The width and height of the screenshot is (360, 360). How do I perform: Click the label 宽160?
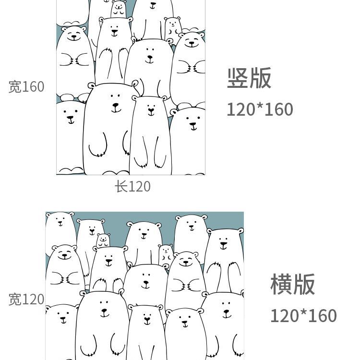tap(26, 87)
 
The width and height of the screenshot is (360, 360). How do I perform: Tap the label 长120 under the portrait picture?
tap(132, 186)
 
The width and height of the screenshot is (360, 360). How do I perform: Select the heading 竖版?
tap(249, 78)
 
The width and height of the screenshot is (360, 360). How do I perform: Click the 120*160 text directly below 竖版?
tap(260, 109)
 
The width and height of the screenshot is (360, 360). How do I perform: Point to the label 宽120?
tap(26, 300)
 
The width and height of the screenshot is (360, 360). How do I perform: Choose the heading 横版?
tap(292, 284)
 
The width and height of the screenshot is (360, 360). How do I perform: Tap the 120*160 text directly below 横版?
tap(303, 316)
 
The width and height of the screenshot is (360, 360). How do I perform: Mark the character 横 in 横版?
tap(281, 284)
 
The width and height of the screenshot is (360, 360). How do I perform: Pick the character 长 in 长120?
tap(120, 186)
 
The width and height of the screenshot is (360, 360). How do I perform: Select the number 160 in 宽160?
tap(33, 87)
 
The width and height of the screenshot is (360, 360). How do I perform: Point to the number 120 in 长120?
tap(139, 186)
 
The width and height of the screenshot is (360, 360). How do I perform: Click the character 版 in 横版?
tap(304, 284)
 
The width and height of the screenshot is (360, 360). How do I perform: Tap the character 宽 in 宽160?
tap(15, 87)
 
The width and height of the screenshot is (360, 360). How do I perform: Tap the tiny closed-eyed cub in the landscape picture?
tap(103, 240)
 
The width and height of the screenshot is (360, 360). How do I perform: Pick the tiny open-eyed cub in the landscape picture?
tap(166, 253)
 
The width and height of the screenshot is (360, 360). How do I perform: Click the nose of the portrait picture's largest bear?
tap(114, 105)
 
